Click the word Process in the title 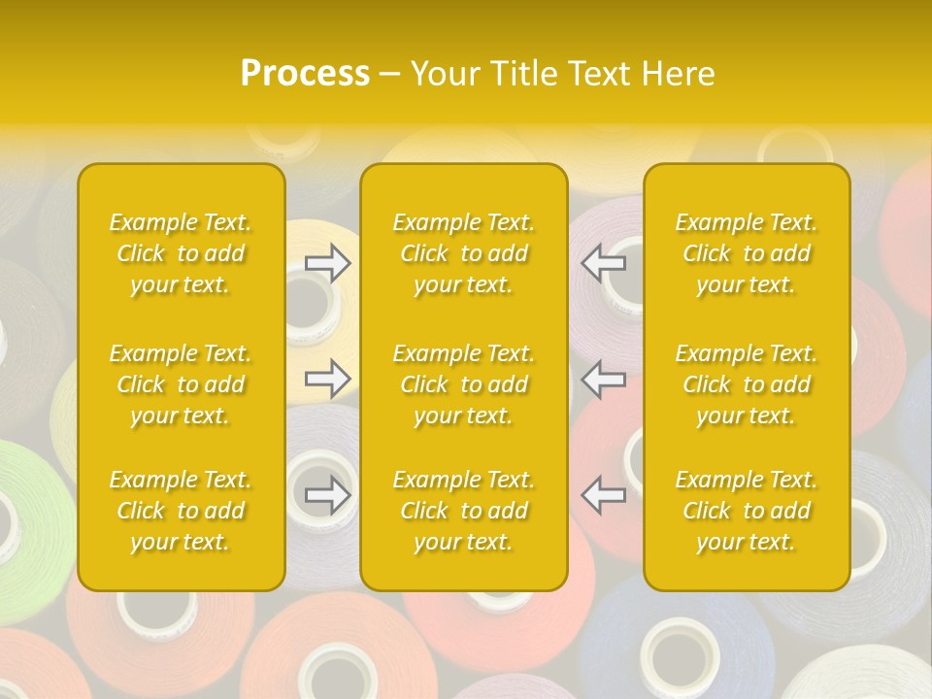305,74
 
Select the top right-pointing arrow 328,262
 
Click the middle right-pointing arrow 328,379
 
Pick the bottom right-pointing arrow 328,495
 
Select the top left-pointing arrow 604,262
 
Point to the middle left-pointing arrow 604,379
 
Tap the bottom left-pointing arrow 604,495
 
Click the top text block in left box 181,253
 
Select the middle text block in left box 181,384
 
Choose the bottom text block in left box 181,511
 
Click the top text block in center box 464,253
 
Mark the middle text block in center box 464,384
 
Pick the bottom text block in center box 464,511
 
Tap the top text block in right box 747,253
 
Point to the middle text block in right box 747,384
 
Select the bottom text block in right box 747,511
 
